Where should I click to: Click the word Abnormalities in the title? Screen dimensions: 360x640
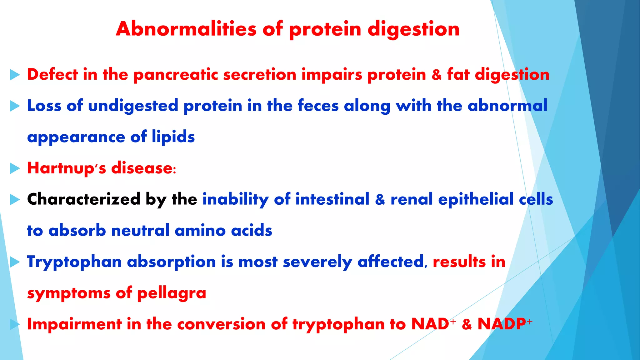point(186,29)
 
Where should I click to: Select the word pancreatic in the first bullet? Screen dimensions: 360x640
point(176,75)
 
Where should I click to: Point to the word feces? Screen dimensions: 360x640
point(318,106)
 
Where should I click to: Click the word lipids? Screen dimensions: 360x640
point(173,137)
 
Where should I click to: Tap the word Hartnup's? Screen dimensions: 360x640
point(67,168)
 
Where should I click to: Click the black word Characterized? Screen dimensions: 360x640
point(83,199)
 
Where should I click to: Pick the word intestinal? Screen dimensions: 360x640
point(332,199)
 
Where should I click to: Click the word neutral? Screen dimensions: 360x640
point(140,231)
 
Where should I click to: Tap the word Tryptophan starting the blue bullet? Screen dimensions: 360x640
point(74,262)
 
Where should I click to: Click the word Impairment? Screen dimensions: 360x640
point(74,324)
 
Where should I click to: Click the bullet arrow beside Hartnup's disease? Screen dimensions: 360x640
point(15,168)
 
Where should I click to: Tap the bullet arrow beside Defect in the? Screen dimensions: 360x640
point(15,75)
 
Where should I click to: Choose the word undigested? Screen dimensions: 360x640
point(133,106)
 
